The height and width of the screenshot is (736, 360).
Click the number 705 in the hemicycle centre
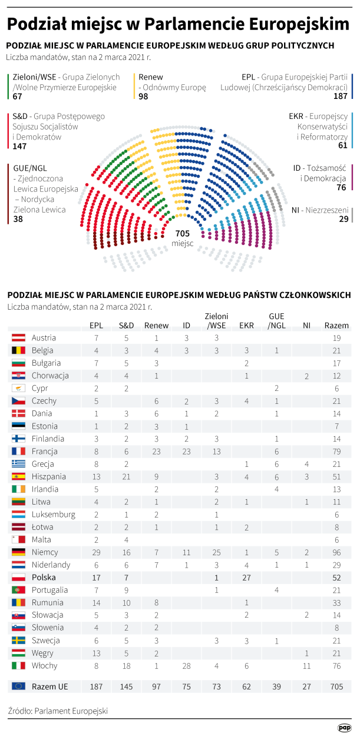[182, 233]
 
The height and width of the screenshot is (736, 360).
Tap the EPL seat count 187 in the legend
[340, 97]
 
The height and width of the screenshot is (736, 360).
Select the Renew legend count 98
[143, 97]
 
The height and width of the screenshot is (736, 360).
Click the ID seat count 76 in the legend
[341, 188]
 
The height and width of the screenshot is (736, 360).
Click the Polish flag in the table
[18, 577]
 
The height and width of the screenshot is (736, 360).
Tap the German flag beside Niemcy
[18, 552]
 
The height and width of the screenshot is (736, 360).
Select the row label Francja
[45, 452]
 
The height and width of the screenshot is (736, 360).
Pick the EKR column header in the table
[246, 325]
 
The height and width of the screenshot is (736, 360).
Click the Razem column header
[336, 325]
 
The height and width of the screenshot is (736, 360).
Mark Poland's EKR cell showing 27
[246, 577]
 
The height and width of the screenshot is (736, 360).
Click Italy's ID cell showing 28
[186, 665]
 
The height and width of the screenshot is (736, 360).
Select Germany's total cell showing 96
[336, 552]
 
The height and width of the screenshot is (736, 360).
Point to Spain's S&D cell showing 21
[126, 476]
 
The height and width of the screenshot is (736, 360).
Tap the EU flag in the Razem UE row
[18, 686]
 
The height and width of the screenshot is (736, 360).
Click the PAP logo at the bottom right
[345, 728]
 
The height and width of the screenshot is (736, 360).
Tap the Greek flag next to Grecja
[18, 464]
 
